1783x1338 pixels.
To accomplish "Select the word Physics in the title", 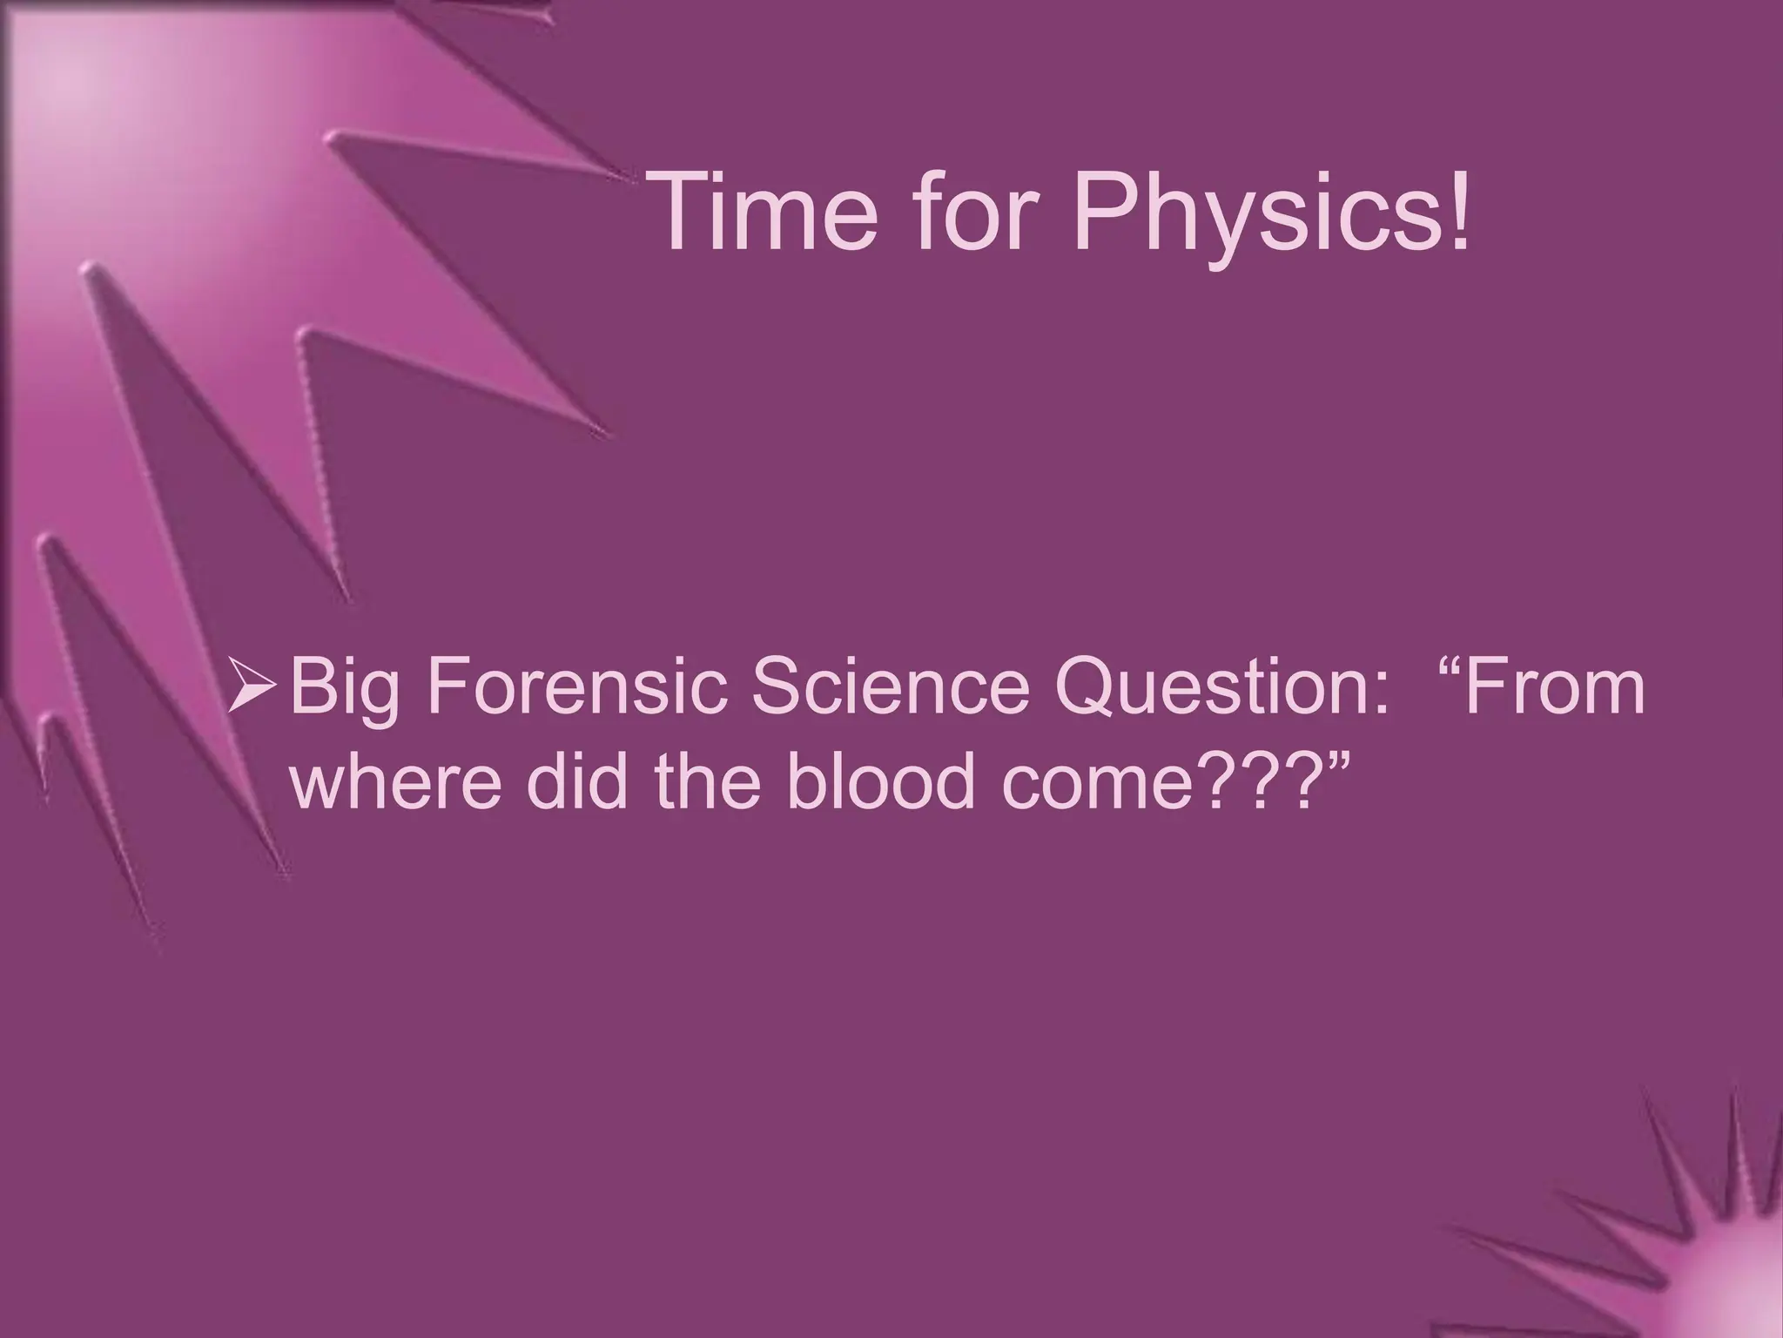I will (1253, 218).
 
